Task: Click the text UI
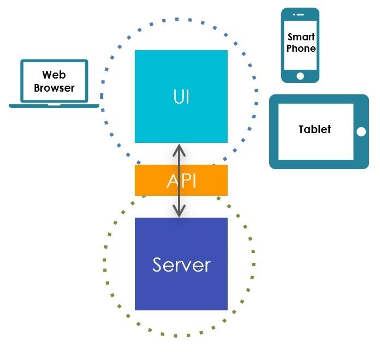[x=181, y=97]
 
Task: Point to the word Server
[x=181, y=265]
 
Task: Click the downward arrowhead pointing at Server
[x=180, y=210]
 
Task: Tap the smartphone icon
[x=300, y=45]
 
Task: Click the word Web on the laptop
[x=54, y=75]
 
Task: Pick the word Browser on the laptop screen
[x=54, y=87]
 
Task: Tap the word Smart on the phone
[x=301, y=37]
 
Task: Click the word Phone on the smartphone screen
[x=301, y=49]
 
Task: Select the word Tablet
[x=315, y=129]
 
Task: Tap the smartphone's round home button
[x=300, y=75]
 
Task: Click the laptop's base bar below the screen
[x=54, y=105]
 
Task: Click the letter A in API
[x=173, y=181]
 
